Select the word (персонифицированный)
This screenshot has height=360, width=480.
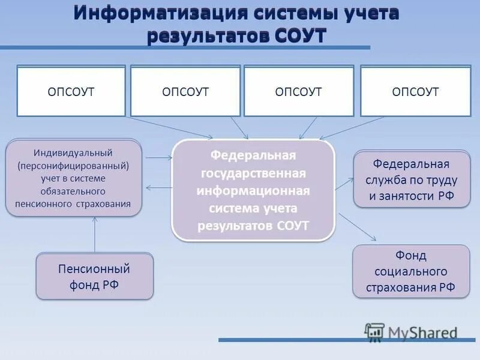click(x=74, y=165)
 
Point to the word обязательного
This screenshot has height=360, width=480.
click(x=74, y=191)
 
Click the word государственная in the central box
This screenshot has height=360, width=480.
click(x=253, y=173)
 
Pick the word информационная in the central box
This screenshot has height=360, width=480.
click(x=253, y=191)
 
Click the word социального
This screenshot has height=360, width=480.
click(x=411, y=271)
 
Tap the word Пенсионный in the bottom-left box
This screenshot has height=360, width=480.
click(x=94, y=269)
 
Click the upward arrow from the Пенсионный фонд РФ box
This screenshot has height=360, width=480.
click(x=95, y=234)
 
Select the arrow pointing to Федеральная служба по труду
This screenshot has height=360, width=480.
click(x=344, y=183)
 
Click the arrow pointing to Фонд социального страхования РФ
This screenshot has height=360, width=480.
click(x=358, y=226)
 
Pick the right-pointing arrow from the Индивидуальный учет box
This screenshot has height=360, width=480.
click(x=158, y=158)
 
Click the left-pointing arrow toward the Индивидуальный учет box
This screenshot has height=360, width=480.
click(x=158, y=188)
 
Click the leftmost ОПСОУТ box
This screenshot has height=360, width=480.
click(x=71, y=92)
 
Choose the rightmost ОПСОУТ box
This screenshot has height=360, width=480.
click(x=415, y=92)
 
